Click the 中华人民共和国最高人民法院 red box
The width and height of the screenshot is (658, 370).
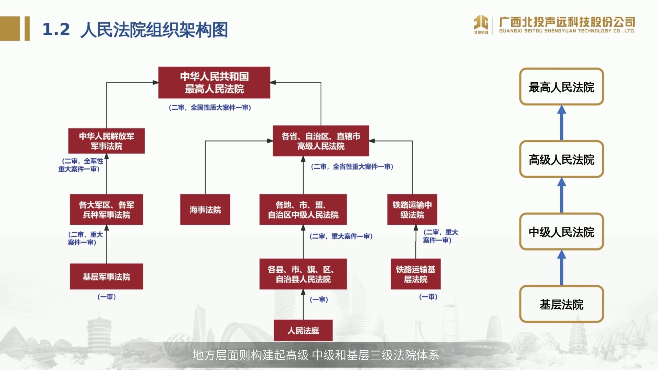tap(214, 83)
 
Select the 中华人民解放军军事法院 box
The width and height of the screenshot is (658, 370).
tap(107, 141)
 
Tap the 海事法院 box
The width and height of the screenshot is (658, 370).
tap(205, 210)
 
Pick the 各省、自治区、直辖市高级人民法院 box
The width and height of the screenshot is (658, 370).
tap(321, 141)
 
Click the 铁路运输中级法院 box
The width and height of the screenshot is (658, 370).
tap(412, 210)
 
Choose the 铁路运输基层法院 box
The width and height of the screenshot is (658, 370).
tap(416, 274)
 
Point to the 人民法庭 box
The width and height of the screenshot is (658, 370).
tap(303, 330)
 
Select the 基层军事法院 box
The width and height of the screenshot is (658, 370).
tap(107, 276)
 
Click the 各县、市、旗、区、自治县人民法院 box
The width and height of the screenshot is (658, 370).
tap(303, 274)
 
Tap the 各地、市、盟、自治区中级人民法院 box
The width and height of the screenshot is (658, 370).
tap(303, 210)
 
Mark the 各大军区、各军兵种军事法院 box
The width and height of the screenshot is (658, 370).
tap(107, 210)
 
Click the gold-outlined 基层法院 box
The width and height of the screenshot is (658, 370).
tap(562, 304)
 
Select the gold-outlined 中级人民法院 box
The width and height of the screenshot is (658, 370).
tap(562, 232)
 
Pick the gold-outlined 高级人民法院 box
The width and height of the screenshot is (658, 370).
tap(562, 159)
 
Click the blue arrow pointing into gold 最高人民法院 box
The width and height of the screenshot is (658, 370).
tap(562, 123)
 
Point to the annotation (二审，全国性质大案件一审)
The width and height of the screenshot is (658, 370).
tap(210, 108)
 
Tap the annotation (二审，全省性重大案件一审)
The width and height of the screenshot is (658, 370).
tap(352, 167)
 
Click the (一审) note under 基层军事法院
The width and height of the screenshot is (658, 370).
tap(107, 297)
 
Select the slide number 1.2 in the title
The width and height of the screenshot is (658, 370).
tap(56, 29)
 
